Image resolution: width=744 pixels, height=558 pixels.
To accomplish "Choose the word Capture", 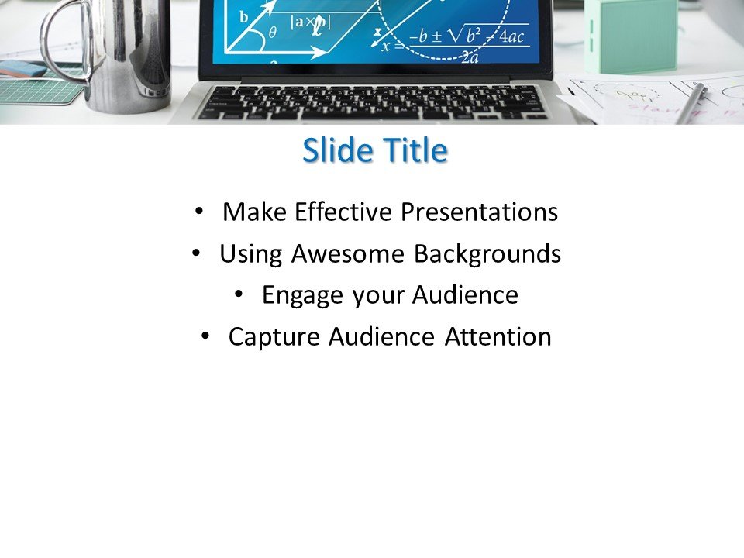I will pyautogui.click(x=274, y=337).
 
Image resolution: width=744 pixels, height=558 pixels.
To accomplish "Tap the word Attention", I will pyautogui.click(x=498, y=337).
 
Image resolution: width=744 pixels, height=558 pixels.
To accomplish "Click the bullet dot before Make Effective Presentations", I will pyautogui.click(x=200, y=211).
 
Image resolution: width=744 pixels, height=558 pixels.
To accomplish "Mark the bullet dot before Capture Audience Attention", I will pyautogui.click(x=205, y=336).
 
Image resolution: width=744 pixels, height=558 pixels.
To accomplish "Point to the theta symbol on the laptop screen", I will pyautogui.click(x=272, y=33).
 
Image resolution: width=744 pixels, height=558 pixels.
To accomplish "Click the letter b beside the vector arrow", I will pyautogui.click(x=244, y=17).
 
